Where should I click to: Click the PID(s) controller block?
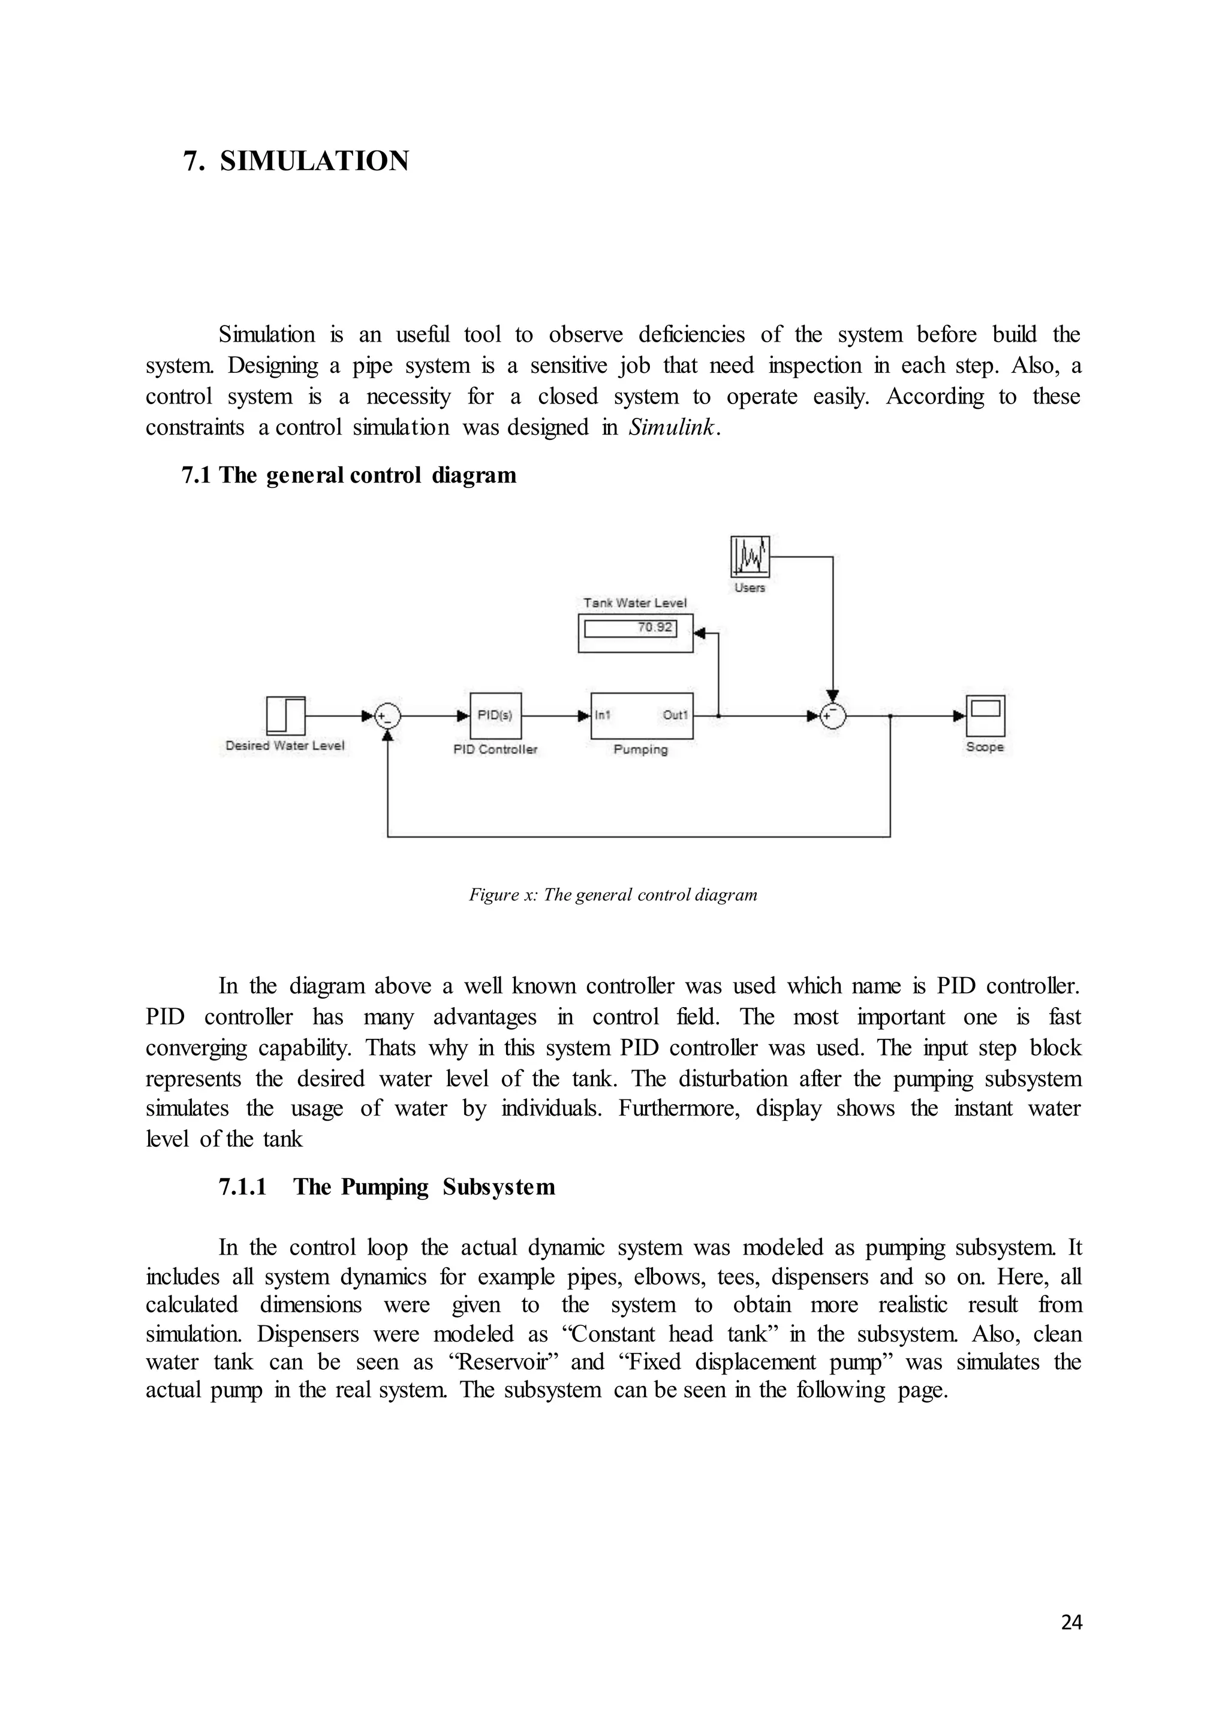click(495, 715)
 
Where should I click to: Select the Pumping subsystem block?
click(641, 715)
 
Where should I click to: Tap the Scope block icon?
click(985, 715)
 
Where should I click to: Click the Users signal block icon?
click(750, 556)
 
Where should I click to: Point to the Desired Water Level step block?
click(286, 715)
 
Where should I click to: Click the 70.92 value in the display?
click(654, 627)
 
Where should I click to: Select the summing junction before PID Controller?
click(388, 715)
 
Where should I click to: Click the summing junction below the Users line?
click(832, 715)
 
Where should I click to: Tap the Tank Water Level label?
click(635, 602)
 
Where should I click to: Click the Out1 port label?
click(675, 715)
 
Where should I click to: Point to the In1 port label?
click(603, 715)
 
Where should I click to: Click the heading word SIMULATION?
click(315, 161)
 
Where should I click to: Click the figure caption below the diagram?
click(613, 895)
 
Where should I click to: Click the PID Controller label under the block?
click(495, 749)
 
